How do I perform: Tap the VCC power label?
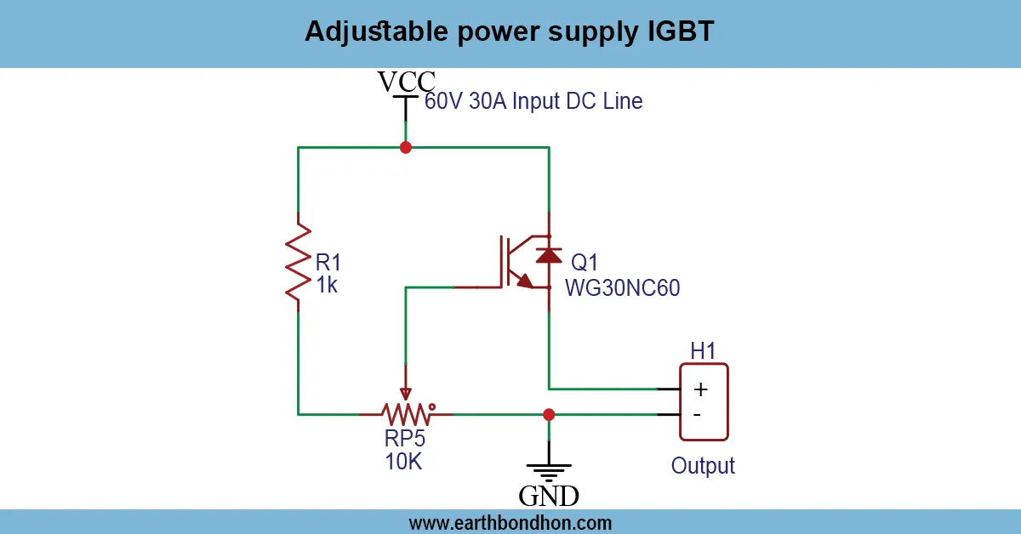pyautogui.click(x=407, y=82)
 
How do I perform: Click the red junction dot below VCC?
pyautogui.click(x=406, y=147)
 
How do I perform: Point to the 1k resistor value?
pyautogui.click(x=327, y=286)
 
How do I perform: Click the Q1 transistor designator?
pyautogui.click(x=584, y=261)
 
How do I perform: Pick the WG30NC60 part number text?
pyautogui.click(x=623, y=289)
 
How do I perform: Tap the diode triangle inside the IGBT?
pyautogui.click(x=549, y=254)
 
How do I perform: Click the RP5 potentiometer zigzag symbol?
pyautogui.click(x=407, y=414)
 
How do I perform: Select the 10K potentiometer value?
pyautogui.click(x=403, y=463)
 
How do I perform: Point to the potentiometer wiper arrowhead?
pyautogui.click(x=407, y=393)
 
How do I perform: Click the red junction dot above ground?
pyautogui.click(x=549, y=415)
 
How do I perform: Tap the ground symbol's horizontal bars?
pyautogui.click(x=549, y=472)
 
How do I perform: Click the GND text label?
pyautogui.click(x=549, y=496)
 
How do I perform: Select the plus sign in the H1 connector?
pyautogui.click(x=700, y=389)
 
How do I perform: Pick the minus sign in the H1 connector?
pyautogui.click(x=698, y=415)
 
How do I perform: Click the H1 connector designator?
pyautogui.click(x=703, y=350)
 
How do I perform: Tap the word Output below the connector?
pyautogui.click(x=703, y=466)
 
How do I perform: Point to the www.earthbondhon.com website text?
pyautogui.click(x=510, y=522)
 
